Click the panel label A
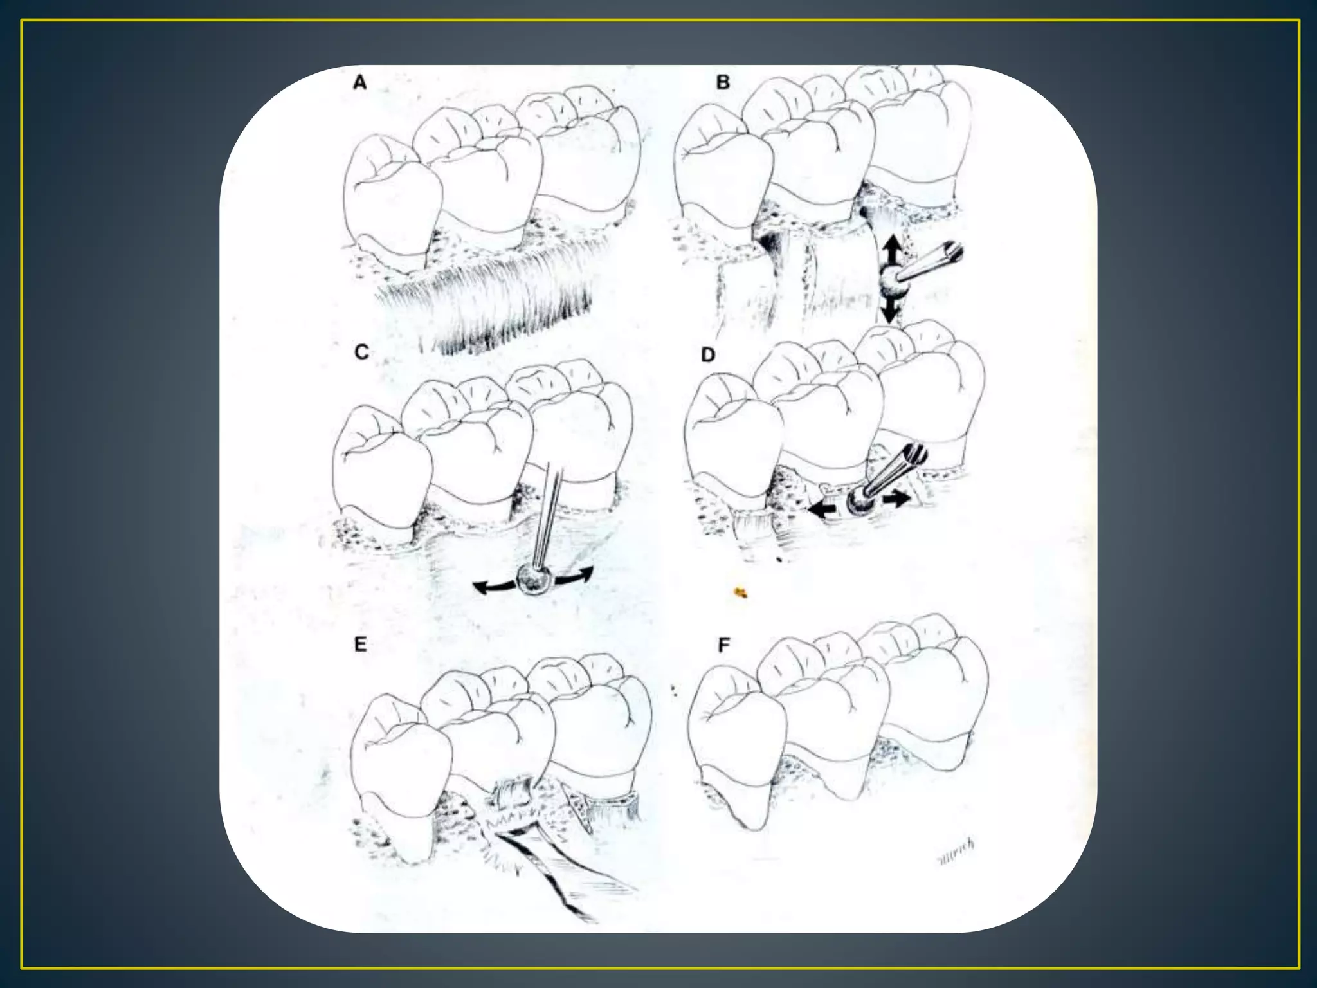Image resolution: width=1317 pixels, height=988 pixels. pyautogui.click(x=360, y=82)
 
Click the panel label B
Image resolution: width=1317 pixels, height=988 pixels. pyautogui.click(x=723, y=82)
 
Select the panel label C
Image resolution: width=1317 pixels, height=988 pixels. pyautogui.click(x=361, y=352)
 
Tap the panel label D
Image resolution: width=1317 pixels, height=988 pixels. pyautogui.click(x=708, y=354)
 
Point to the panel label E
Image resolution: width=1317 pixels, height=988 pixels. pyautogui.click(x=360, y=644)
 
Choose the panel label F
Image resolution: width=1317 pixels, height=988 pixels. pyautogui.click(x=724, y=645)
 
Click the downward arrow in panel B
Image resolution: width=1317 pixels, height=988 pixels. pyautogui.click(x=890, y=311)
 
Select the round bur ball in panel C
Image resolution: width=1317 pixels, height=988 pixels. pyautogui.click(x=535, y=580)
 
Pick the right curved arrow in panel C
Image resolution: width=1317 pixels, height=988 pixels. pyautogui.click(x=575, y=576)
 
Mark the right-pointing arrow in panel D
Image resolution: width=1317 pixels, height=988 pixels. pyautogui.click(x=895, y=497)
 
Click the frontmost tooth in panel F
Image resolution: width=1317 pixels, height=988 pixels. pyautogui.click(x=736, y=746)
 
